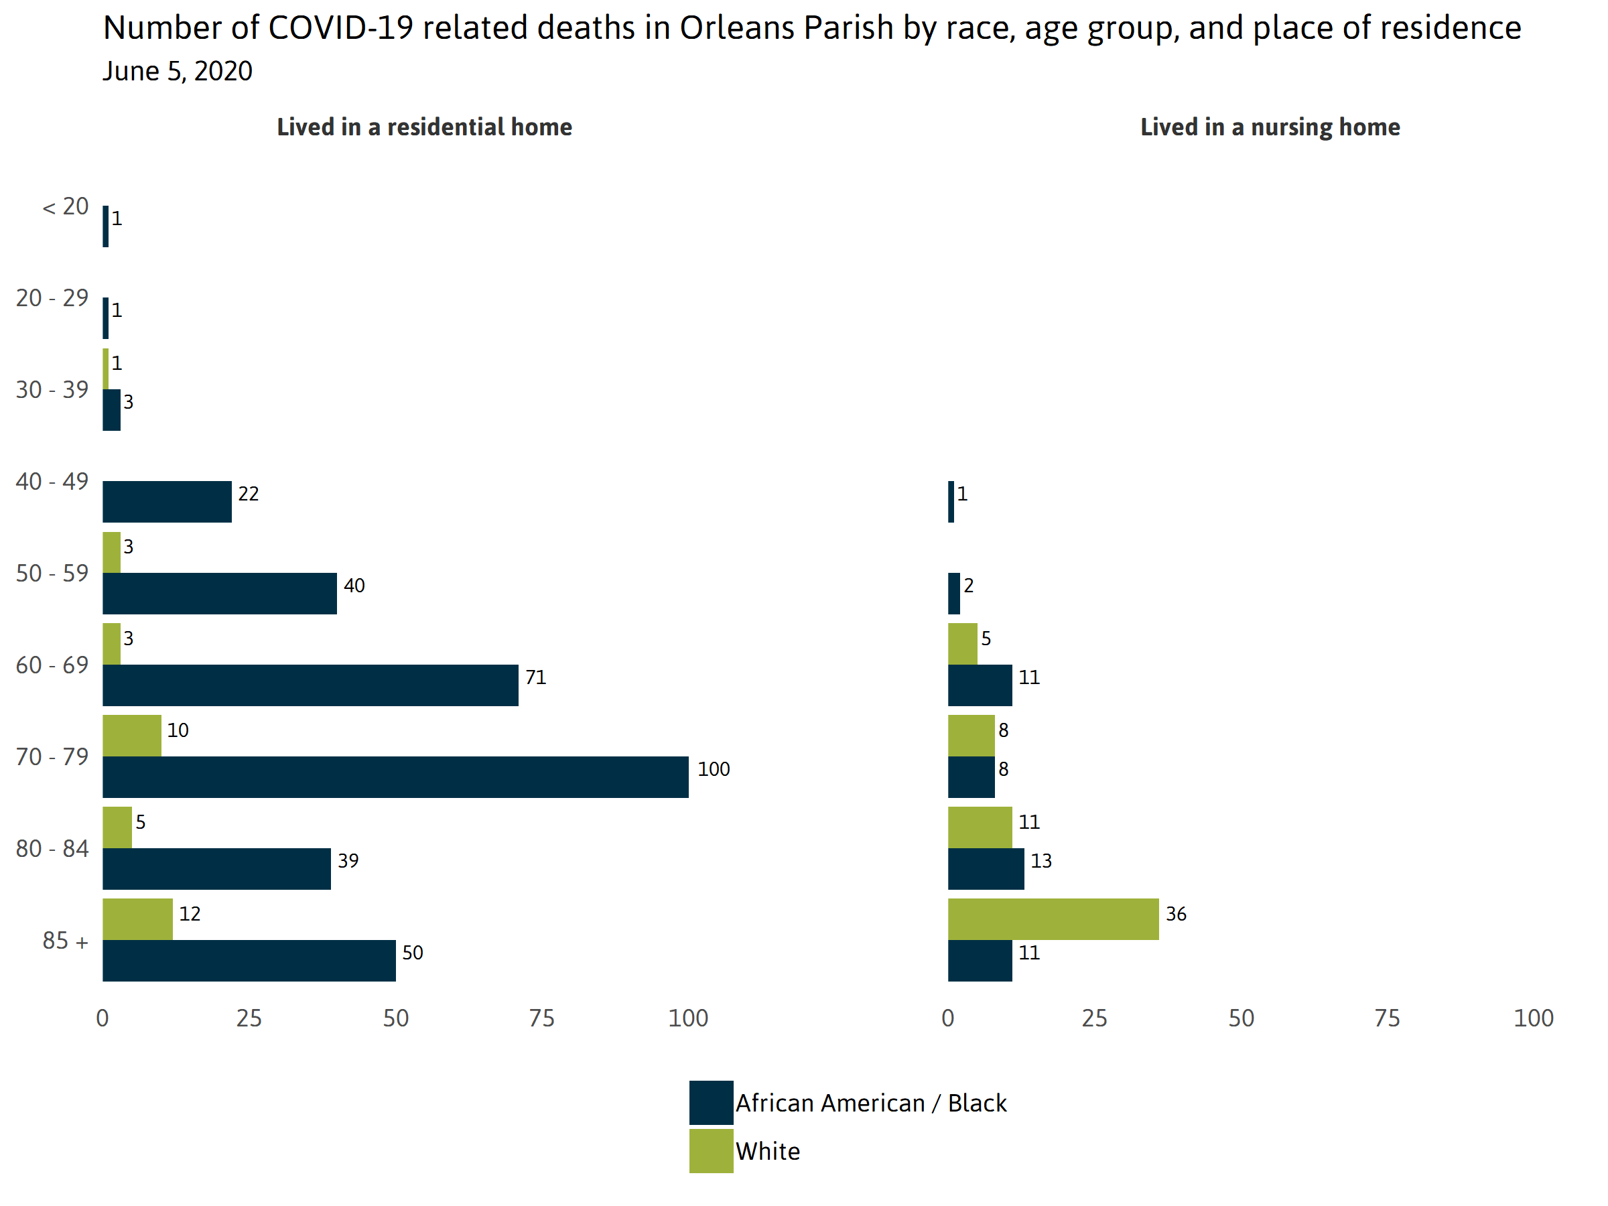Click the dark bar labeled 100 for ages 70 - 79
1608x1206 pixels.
[x=395, y=777]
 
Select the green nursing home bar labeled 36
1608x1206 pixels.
[x=1053, y=919]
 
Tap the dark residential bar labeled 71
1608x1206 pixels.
[x=310, y=685]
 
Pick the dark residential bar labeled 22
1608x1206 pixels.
[x=167, y=502]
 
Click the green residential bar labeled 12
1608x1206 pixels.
[x=137, y=919]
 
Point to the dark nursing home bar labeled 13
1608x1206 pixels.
[x=986, y=869]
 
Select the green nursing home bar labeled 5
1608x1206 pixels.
[x=963, y=643]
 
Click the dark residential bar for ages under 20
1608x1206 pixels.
[x=105, y=226]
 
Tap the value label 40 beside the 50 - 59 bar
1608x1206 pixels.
[x=354, y=585]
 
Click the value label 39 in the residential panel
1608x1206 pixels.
[x=348, y=861]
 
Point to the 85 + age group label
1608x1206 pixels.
[x=66, y=941]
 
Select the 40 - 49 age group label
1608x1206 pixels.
[x=52, y=481]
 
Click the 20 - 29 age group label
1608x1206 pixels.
[x=52, y=298]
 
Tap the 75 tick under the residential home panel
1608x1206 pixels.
[x=541, y=1018]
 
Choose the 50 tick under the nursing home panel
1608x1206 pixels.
[x=1241, y=1018]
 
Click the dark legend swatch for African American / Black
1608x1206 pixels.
[x=711, y=1102]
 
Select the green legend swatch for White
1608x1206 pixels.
[x=711, y=1151]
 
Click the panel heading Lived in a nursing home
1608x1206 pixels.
[x=1270, y=127]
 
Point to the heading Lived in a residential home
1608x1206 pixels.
[x=425, y=127]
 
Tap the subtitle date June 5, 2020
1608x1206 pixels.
[x=178, y=71]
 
